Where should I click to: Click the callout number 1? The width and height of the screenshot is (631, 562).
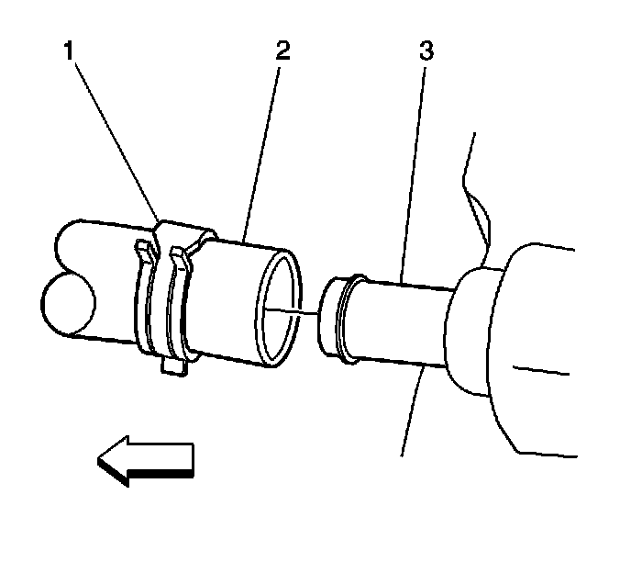70,51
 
